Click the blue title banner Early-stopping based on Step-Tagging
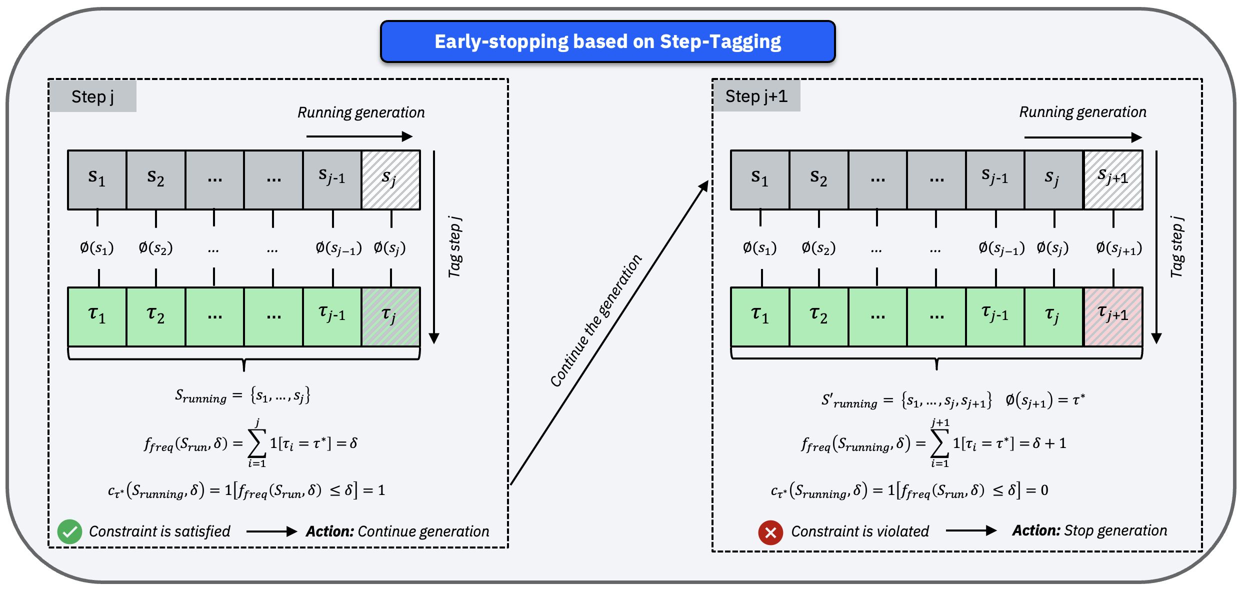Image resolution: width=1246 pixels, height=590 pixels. click(x=607, y=41)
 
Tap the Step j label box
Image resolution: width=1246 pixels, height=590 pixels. click(x=92, y=96)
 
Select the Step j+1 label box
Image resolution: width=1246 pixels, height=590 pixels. click(x=756, y=96)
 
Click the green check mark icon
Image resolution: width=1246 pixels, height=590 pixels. click(x=69, y=531)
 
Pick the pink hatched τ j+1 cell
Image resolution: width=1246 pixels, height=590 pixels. click(x=1113, y=316)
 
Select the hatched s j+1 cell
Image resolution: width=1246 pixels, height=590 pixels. click(x=1113, y=179)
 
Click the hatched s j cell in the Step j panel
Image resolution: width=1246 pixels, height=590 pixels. click(x=390, y=179)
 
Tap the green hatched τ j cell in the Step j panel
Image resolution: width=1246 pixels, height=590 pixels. click(x=390, y=316)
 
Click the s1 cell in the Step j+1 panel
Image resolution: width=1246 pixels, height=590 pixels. click(x=760, y=179)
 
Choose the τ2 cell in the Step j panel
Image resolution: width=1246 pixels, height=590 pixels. click(x=155, y=316)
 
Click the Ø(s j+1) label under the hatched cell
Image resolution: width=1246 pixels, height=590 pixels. click(x=1119, y=248)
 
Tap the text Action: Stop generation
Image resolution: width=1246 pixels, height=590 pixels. click(x=1089, y=530)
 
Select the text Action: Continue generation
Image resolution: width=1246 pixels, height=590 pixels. click(x=397, y=531)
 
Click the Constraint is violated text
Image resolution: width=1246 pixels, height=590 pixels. click(x=860, y=531)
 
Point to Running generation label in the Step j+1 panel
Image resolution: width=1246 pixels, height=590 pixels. click(x=1082, y=112)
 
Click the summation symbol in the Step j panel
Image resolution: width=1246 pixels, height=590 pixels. click(x=257, y=443)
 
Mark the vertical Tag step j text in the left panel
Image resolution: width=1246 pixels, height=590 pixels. click(x=454, y=247)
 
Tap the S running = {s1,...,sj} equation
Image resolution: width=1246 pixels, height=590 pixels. click(x=242, y=396)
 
